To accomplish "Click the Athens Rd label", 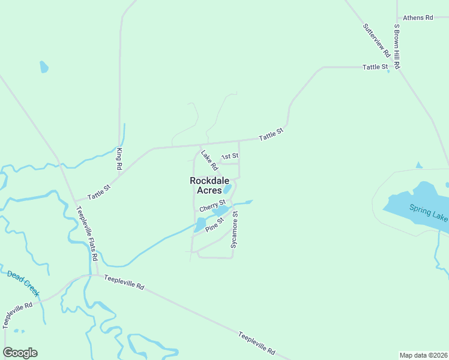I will pyautogui.click(x=418, y=18).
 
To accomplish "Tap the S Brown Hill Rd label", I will pyautogui.click(x=397, y=46).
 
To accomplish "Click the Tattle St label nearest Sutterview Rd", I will pyautogui.click(x=375, y=67).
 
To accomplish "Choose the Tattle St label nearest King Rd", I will pyautogui.click(x=99, y=192).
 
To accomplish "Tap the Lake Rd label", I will pyautogui.click(x=208, y=159).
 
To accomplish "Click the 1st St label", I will pyautogui.click(x=230, y=157).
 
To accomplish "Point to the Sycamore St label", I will pyautogui.click(x=235, y=230).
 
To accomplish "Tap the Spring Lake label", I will pyautogui.click(x=429, y=213).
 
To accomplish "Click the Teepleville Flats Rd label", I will pyautogui.click(x=86, y=233).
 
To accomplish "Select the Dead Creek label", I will pyautogui.click(x=23, y=283).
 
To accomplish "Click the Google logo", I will pyautogui.click(x=20, y=353).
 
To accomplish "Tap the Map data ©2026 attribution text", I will pyautogui.click(x=423, y=355).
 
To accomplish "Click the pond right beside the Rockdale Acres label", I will pyautogui.click(x=228, y=189).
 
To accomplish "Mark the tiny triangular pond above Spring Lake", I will pyautogui.click(x=418, y=165).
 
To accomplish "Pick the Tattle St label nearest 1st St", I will pyautogui.click(x=271, y=134).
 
